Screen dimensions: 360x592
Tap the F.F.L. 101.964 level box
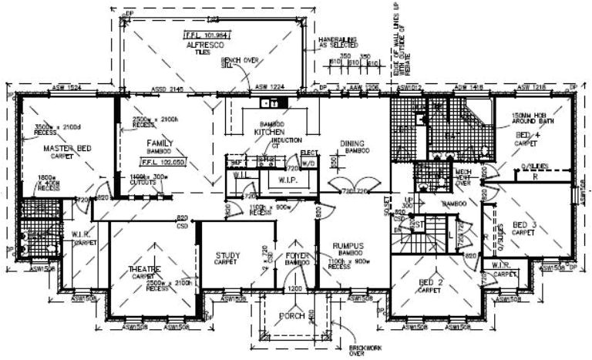(x=204, y=35)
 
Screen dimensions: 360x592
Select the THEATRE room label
(x=144, y=269)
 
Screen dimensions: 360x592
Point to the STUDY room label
(x=227, y=255)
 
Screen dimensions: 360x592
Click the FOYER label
(x=296, y=255)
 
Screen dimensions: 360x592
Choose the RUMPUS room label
(x=348, y=247)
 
